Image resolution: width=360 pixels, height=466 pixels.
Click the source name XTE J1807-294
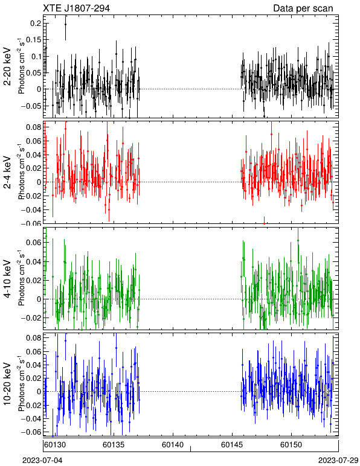(76, 8)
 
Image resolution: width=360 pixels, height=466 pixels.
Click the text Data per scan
(303, 8)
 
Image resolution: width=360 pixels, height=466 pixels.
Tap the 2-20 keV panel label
(7, 66)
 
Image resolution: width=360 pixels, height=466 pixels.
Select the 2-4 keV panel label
(7, 173)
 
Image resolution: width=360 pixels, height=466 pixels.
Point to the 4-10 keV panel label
(7, 279)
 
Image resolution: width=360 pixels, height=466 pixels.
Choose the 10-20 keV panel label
(7, 384)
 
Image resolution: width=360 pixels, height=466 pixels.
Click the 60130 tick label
(55, 445)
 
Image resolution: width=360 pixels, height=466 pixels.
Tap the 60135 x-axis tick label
(114, 445)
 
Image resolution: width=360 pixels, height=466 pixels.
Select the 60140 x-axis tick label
(173, 445)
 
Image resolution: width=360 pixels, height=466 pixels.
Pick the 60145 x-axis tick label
(232, 445)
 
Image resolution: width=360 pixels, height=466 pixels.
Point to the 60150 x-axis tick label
(291, 445)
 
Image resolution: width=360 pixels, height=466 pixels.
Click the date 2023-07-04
(42, 461)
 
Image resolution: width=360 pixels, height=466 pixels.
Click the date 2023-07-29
(338, 461)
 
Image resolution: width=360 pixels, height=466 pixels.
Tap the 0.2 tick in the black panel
(36, 24)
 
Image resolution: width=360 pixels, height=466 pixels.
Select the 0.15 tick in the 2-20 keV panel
(34, 40)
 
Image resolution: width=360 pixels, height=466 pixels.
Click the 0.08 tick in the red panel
(34, 127)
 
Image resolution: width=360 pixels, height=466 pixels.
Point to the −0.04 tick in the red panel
(31, 210)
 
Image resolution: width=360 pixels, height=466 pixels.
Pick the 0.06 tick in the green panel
(34, 243)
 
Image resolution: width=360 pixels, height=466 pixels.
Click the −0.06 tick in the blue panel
(31, 432)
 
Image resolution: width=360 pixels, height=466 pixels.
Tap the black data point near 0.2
(65, 25)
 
